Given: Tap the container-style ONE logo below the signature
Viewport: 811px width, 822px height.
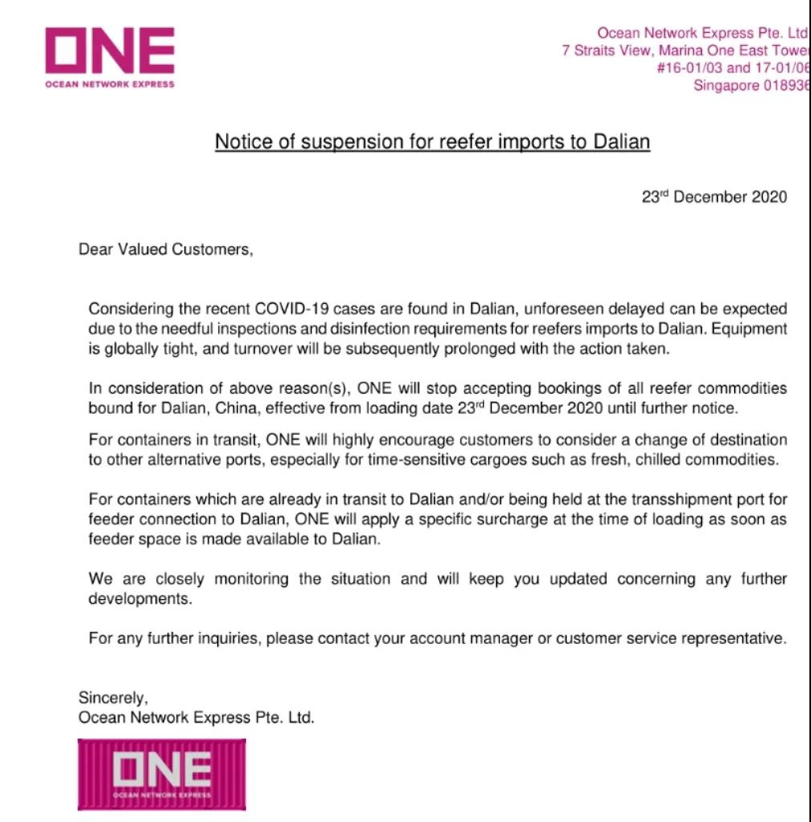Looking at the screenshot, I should pyautogui.click(x=162, y=774).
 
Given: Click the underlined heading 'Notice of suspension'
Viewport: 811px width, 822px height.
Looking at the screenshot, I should pyautogui.click(x=432, y=142).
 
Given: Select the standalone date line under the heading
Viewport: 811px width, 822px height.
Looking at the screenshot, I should pyautogui.click(x=714, y=196).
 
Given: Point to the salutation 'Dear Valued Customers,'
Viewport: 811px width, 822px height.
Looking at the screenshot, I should pyautogui.click(x=166, y=249).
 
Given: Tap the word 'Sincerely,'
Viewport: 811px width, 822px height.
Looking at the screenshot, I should pyautogui.click(x=113, y=698).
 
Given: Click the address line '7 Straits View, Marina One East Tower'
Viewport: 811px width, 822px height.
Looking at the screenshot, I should pyautogui.click(x=686, y=51).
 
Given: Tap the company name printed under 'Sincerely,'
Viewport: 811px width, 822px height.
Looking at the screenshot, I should pyautogui.click(x=196, y=718).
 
